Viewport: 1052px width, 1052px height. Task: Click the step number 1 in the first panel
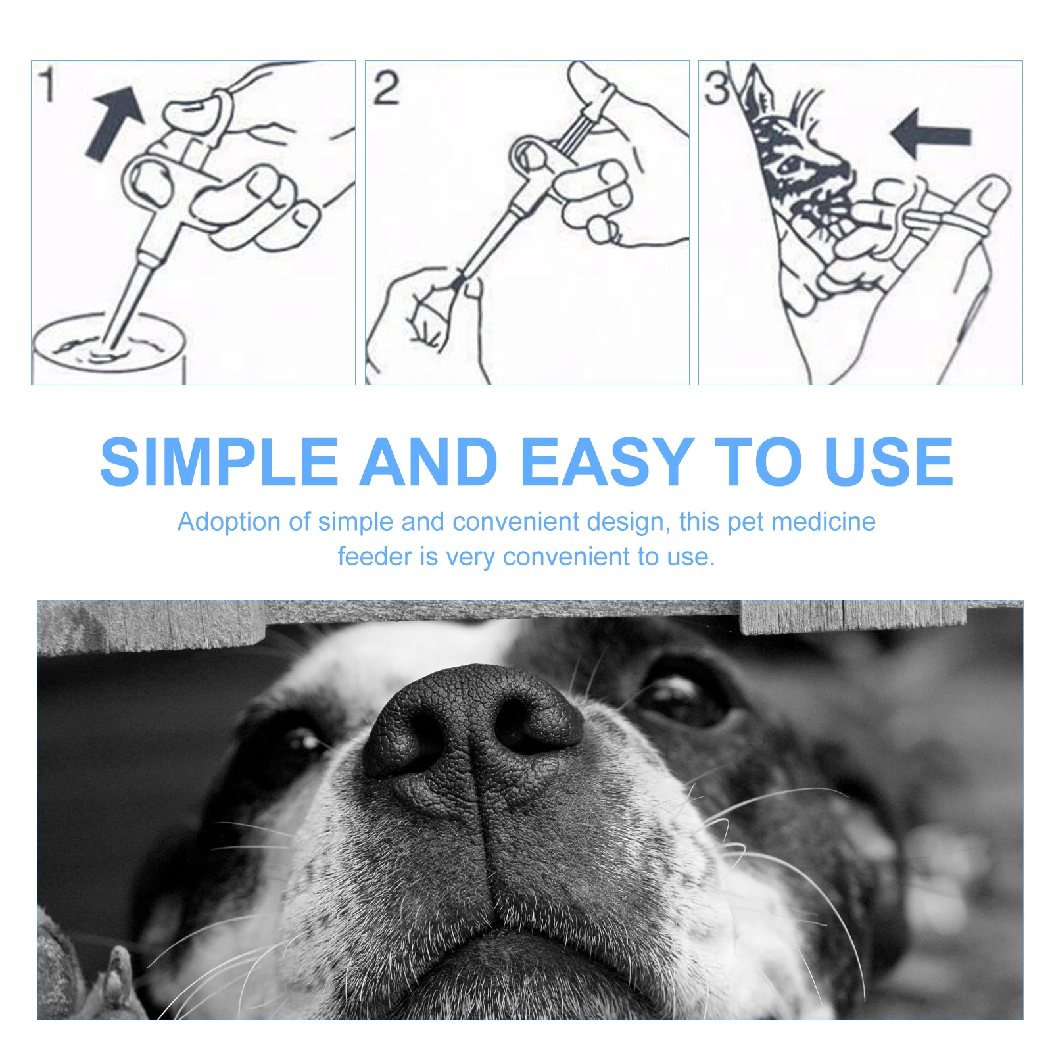tap(47, 85)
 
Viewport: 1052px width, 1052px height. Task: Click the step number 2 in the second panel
tap(386, 88)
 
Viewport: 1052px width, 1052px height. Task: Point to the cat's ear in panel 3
tap(756, 92)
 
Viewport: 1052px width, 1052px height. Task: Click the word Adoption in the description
tap(229, 522)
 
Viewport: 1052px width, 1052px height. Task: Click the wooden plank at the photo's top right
tap(855, 617)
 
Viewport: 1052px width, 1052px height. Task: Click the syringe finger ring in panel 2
tap(529, 153)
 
